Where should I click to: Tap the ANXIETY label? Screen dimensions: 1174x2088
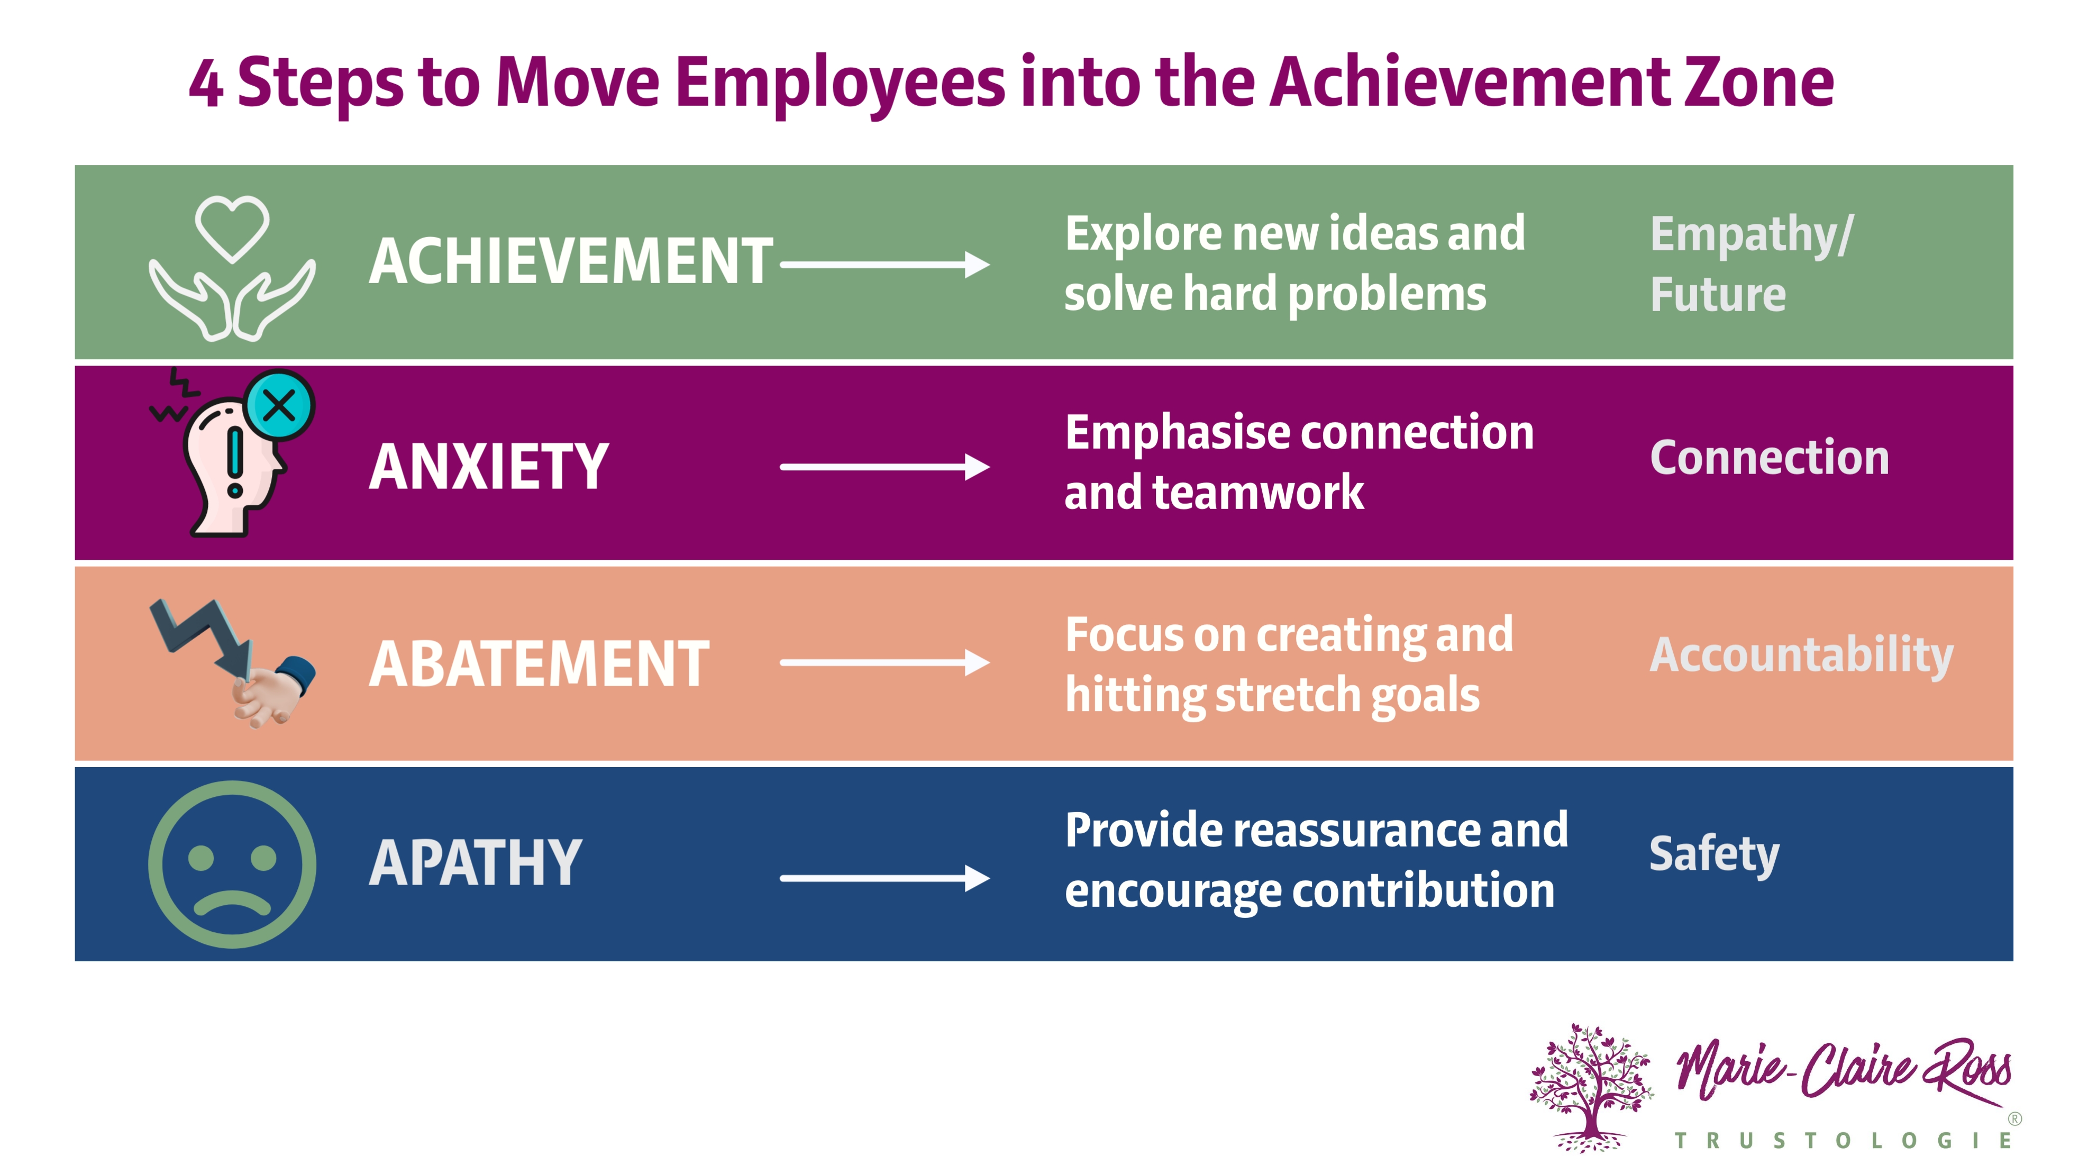[489, 467]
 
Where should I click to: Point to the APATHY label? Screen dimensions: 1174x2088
[476, 863]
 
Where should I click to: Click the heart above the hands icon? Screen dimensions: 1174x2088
[232, 227]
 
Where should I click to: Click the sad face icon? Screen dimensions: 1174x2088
[232, 864]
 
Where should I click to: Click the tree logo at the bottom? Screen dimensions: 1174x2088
[1590, 1086]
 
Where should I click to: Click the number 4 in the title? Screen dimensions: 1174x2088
[205, 84]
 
